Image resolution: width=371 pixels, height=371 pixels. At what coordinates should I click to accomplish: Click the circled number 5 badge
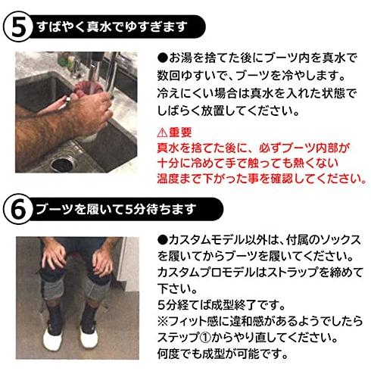coord(18,27)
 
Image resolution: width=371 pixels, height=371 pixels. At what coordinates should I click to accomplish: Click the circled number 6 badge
coord(18,209)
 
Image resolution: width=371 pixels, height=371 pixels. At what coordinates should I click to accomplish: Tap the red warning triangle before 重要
coord(162,132)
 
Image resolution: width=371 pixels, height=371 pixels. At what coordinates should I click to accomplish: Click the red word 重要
coord(180,132)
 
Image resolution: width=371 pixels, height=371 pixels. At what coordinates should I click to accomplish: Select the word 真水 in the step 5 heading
coord(99,26)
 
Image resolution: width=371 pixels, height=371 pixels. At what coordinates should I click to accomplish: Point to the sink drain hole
coord(62,164)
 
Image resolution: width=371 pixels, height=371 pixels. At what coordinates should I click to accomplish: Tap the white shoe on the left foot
coord(52,339)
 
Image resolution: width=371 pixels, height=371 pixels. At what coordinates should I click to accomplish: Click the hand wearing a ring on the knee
coord(103,262)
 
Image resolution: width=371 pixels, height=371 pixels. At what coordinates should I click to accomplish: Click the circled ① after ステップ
coord(205,338)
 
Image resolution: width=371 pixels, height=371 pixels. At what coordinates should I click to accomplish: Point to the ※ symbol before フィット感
coord(163,321)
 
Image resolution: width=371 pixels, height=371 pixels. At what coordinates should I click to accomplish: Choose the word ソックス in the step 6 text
coord(340,240)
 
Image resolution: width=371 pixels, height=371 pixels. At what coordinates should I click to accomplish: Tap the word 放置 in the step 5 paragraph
coord(212,111)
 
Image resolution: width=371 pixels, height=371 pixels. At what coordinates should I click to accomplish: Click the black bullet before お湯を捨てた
coord(163,58)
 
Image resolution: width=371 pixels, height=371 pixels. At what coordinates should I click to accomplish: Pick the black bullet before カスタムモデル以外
coord(163,240)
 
